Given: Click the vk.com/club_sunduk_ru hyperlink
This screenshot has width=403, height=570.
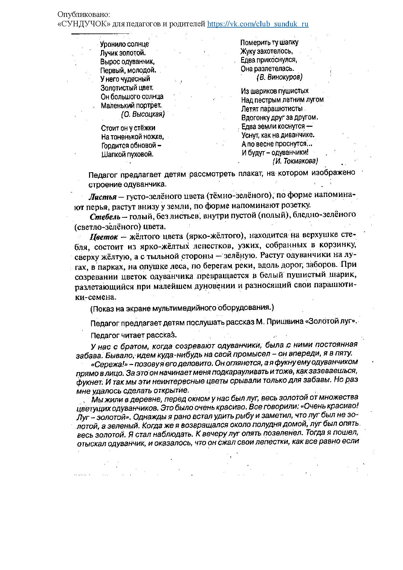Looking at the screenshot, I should [x=258, y=24].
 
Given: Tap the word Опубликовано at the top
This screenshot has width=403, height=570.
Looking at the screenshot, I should [x=84, y=15].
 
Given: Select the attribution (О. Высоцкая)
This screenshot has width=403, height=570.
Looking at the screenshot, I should [x=143, y=114].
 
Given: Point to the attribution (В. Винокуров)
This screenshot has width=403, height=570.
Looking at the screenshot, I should [x=279, y=77].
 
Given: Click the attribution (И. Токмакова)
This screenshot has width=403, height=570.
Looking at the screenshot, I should [x=295, y=161].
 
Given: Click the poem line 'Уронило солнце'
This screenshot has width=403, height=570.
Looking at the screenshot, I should [x=124, y=44].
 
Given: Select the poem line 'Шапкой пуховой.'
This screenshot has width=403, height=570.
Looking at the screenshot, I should [x=127, y=154].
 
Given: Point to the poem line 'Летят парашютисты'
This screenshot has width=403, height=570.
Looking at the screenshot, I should [x=272, y=109].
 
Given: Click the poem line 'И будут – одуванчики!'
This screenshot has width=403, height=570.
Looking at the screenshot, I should [x=275, y=152].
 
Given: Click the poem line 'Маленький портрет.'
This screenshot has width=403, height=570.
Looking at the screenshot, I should [x=131, y=106].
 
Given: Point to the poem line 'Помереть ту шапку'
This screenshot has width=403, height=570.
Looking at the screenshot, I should [x=269, y=43].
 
